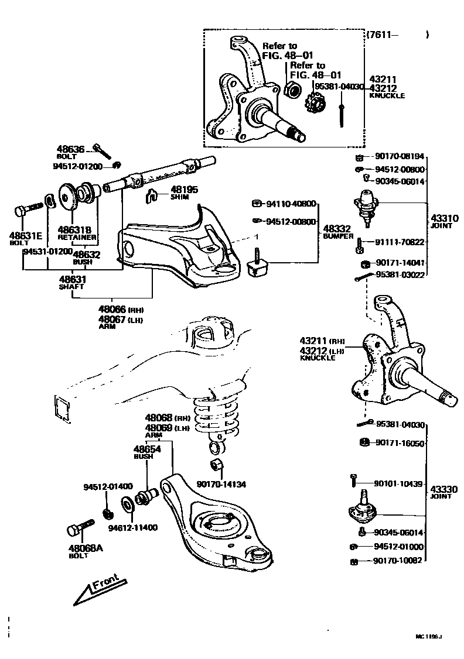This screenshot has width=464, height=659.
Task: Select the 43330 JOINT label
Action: coord(441,492)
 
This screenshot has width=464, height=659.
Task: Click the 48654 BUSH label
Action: coord(144,451)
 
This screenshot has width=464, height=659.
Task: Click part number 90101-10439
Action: coord(398,483)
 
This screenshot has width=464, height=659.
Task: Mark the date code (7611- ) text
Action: coord(398,35)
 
